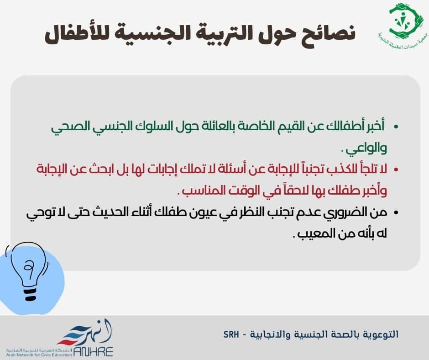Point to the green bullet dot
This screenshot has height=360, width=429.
tap(396, 127)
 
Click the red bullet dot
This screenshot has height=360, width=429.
tap(396, 169)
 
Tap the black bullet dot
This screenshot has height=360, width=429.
tap(396, 213)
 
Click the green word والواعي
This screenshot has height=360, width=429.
tap(366, 149)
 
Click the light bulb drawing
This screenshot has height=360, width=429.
tap(27, 271)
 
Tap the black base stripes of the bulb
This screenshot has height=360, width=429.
tap(30, 294)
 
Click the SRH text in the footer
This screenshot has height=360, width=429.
tap(231, 334)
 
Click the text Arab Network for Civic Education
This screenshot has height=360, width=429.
tap(39, 355)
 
